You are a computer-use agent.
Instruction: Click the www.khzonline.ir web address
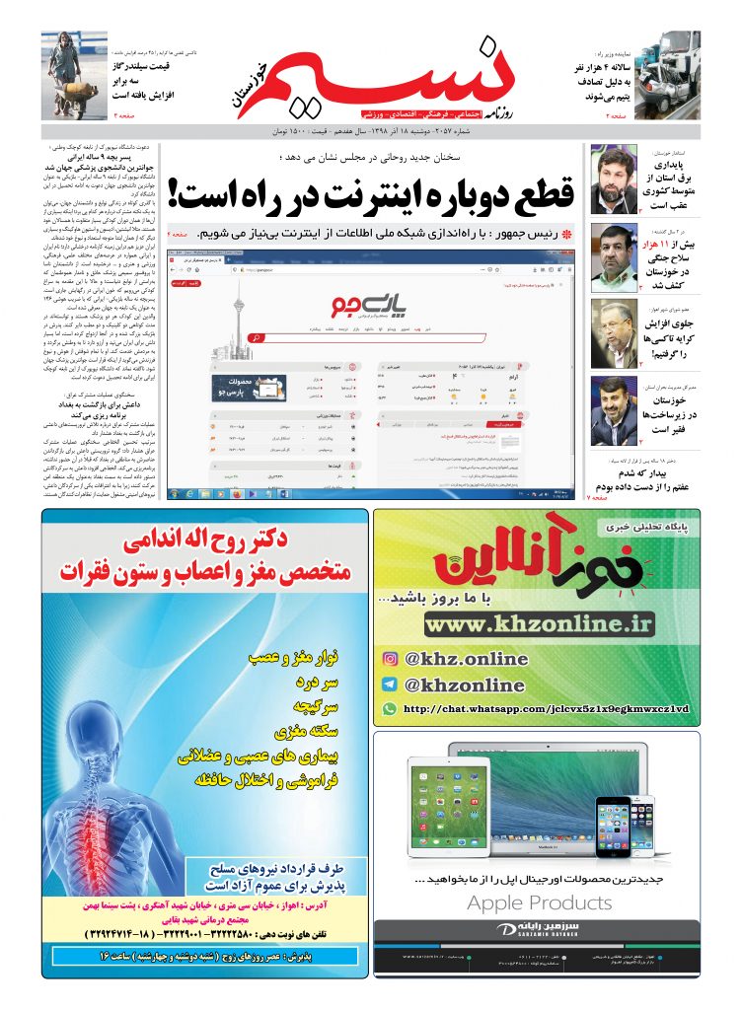(x=540, y=623)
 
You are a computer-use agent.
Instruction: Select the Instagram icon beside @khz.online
(x=390, y=660)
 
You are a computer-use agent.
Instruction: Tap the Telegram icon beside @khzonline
(x=390, y=685)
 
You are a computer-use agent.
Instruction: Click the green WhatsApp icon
(x=390, y=708)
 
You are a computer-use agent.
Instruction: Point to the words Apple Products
(x=539, y=902)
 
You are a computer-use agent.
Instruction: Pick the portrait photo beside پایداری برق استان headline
(x=614, y=180)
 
